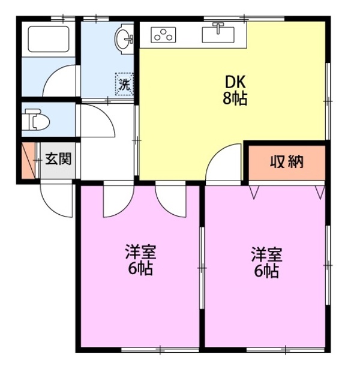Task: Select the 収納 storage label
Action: tap(286, 161)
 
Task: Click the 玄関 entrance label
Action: tap(59, 160)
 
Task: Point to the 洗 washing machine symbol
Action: tap(124, 85)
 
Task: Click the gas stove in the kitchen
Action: tap(162, 35)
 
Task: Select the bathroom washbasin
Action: tap(124, 38)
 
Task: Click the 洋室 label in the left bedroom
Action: tap(140, 251)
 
